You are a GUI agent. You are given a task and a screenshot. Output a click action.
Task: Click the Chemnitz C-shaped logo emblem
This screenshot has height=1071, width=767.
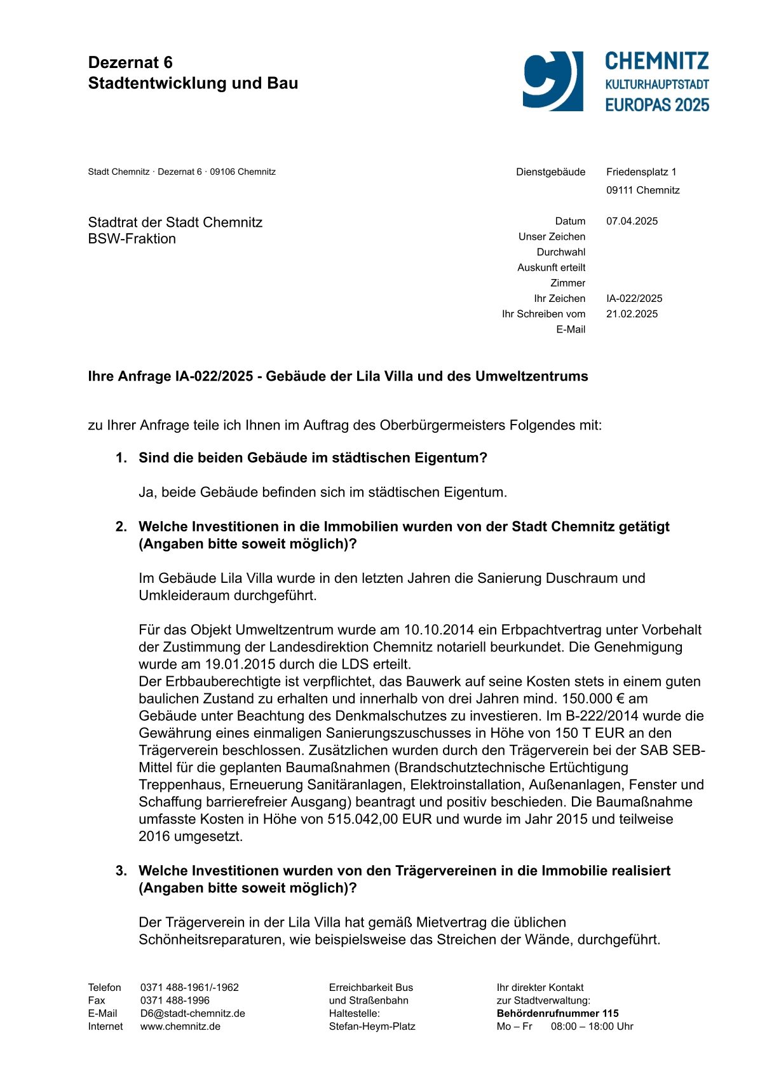[552, 81]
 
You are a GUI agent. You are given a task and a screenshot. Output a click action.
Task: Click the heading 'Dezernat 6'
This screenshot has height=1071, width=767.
[130, 62]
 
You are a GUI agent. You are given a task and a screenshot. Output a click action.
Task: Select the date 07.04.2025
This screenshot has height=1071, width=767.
[632, 221]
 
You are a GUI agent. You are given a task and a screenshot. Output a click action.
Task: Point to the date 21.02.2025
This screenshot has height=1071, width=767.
[632, 314]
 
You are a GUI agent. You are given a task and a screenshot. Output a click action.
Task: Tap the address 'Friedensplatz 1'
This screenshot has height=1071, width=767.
[641, 172]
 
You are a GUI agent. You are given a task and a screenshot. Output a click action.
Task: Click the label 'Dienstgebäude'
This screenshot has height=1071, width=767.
[550, 172]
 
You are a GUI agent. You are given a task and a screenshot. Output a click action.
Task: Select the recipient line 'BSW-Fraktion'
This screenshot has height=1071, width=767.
[132, 239]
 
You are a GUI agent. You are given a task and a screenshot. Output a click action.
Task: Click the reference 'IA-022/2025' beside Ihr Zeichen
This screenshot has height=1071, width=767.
[634, 299]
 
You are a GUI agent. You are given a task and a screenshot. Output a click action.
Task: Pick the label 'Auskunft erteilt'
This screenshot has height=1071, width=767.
[551, 268]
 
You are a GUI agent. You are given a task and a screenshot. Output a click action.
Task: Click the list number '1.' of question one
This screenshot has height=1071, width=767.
[121, 458]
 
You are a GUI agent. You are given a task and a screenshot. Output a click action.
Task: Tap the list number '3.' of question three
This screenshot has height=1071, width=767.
[121, 871]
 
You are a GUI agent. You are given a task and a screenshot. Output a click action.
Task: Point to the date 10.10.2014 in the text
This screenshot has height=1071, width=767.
[439, 630]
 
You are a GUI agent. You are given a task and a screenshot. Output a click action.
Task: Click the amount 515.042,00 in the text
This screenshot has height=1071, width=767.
[363, 819]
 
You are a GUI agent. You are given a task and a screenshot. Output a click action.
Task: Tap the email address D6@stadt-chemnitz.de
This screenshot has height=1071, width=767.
[193, 1013]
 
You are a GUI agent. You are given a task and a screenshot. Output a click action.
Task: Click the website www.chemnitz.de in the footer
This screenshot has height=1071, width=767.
[180, 1027]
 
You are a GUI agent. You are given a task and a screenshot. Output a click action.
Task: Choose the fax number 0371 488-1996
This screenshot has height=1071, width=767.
[175, 1000]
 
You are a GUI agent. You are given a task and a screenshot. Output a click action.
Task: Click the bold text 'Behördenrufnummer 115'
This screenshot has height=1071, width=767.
[557, 1013]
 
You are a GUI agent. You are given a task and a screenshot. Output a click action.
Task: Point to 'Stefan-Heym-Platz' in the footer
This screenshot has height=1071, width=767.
[372, 1027]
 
